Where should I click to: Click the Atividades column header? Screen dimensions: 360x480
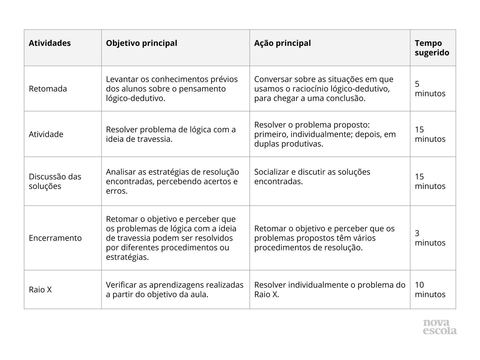(50, 43)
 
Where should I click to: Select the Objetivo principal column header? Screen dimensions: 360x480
(141, 43)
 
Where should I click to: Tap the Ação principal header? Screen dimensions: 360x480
(282, 43)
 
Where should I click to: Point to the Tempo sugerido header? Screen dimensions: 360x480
(432, 48)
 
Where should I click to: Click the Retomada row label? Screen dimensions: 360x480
(48, 89)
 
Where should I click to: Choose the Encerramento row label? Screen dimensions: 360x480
(55, 238)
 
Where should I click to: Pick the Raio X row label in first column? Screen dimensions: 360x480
(40, 289)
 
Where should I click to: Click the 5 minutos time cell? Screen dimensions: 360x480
(430, 89)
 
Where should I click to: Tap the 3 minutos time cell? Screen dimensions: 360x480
(430, 238)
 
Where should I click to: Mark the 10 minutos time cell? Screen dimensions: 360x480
(430, 289)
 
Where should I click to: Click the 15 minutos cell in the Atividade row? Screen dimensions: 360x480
(430, 134)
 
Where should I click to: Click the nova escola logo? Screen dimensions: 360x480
(439, 327)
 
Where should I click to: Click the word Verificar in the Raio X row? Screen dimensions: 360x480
(121, 285)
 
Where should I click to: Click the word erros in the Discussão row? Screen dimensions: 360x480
(116, 191)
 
